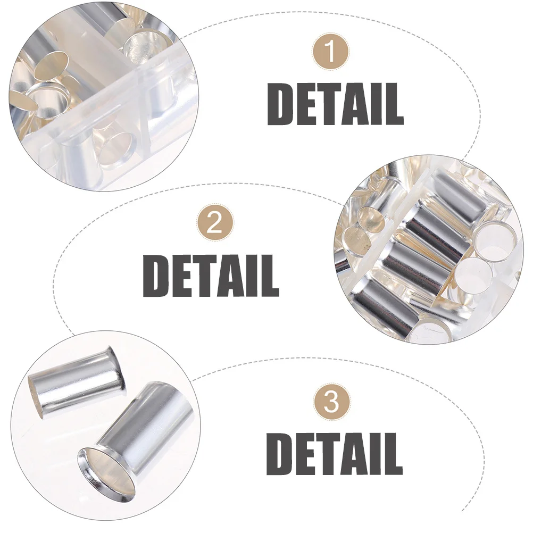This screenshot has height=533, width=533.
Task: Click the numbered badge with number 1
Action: pos(331,52)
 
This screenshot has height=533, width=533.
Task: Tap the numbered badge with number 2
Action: pos(214,223)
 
